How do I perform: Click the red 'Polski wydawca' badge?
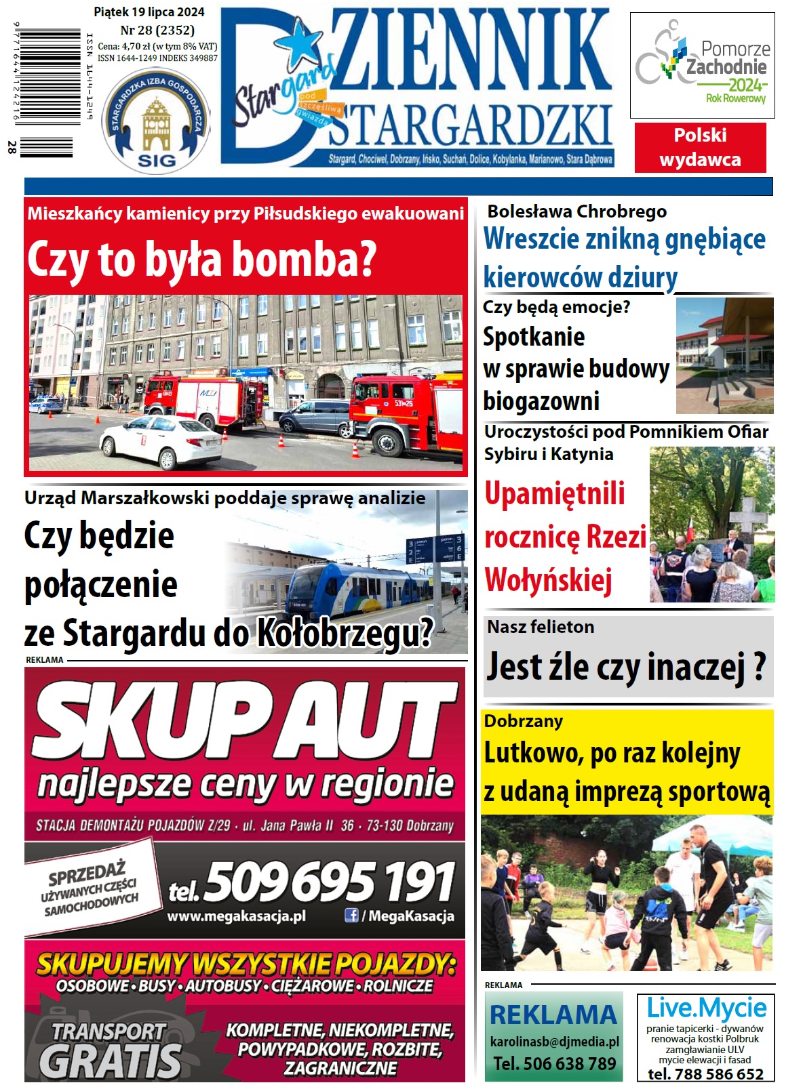tap(700, 147)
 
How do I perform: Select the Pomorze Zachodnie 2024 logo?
tap(702, 66)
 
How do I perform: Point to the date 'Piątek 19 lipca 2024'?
tap(149, 12)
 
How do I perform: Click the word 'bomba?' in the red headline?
tap(323, 260)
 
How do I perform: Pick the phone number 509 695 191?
tap(329, 882)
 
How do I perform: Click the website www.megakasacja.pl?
tap(236, 916)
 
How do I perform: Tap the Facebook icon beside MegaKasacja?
tap(351, 916)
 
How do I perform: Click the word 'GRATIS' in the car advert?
tap(111, 1061)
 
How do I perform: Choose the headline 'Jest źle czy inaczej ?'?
tap(627, 667)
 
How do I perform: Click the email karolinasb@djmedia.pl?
tap(554, 1042)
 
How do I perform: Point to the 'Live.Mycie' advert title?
tap(706, 1008)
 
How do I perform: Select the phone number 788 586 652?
tap(705, 1074)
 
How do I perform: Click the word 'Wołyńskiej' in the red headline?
tap(548, 580)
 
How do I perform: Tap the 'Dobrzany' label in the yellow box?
tap(523, 721)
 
